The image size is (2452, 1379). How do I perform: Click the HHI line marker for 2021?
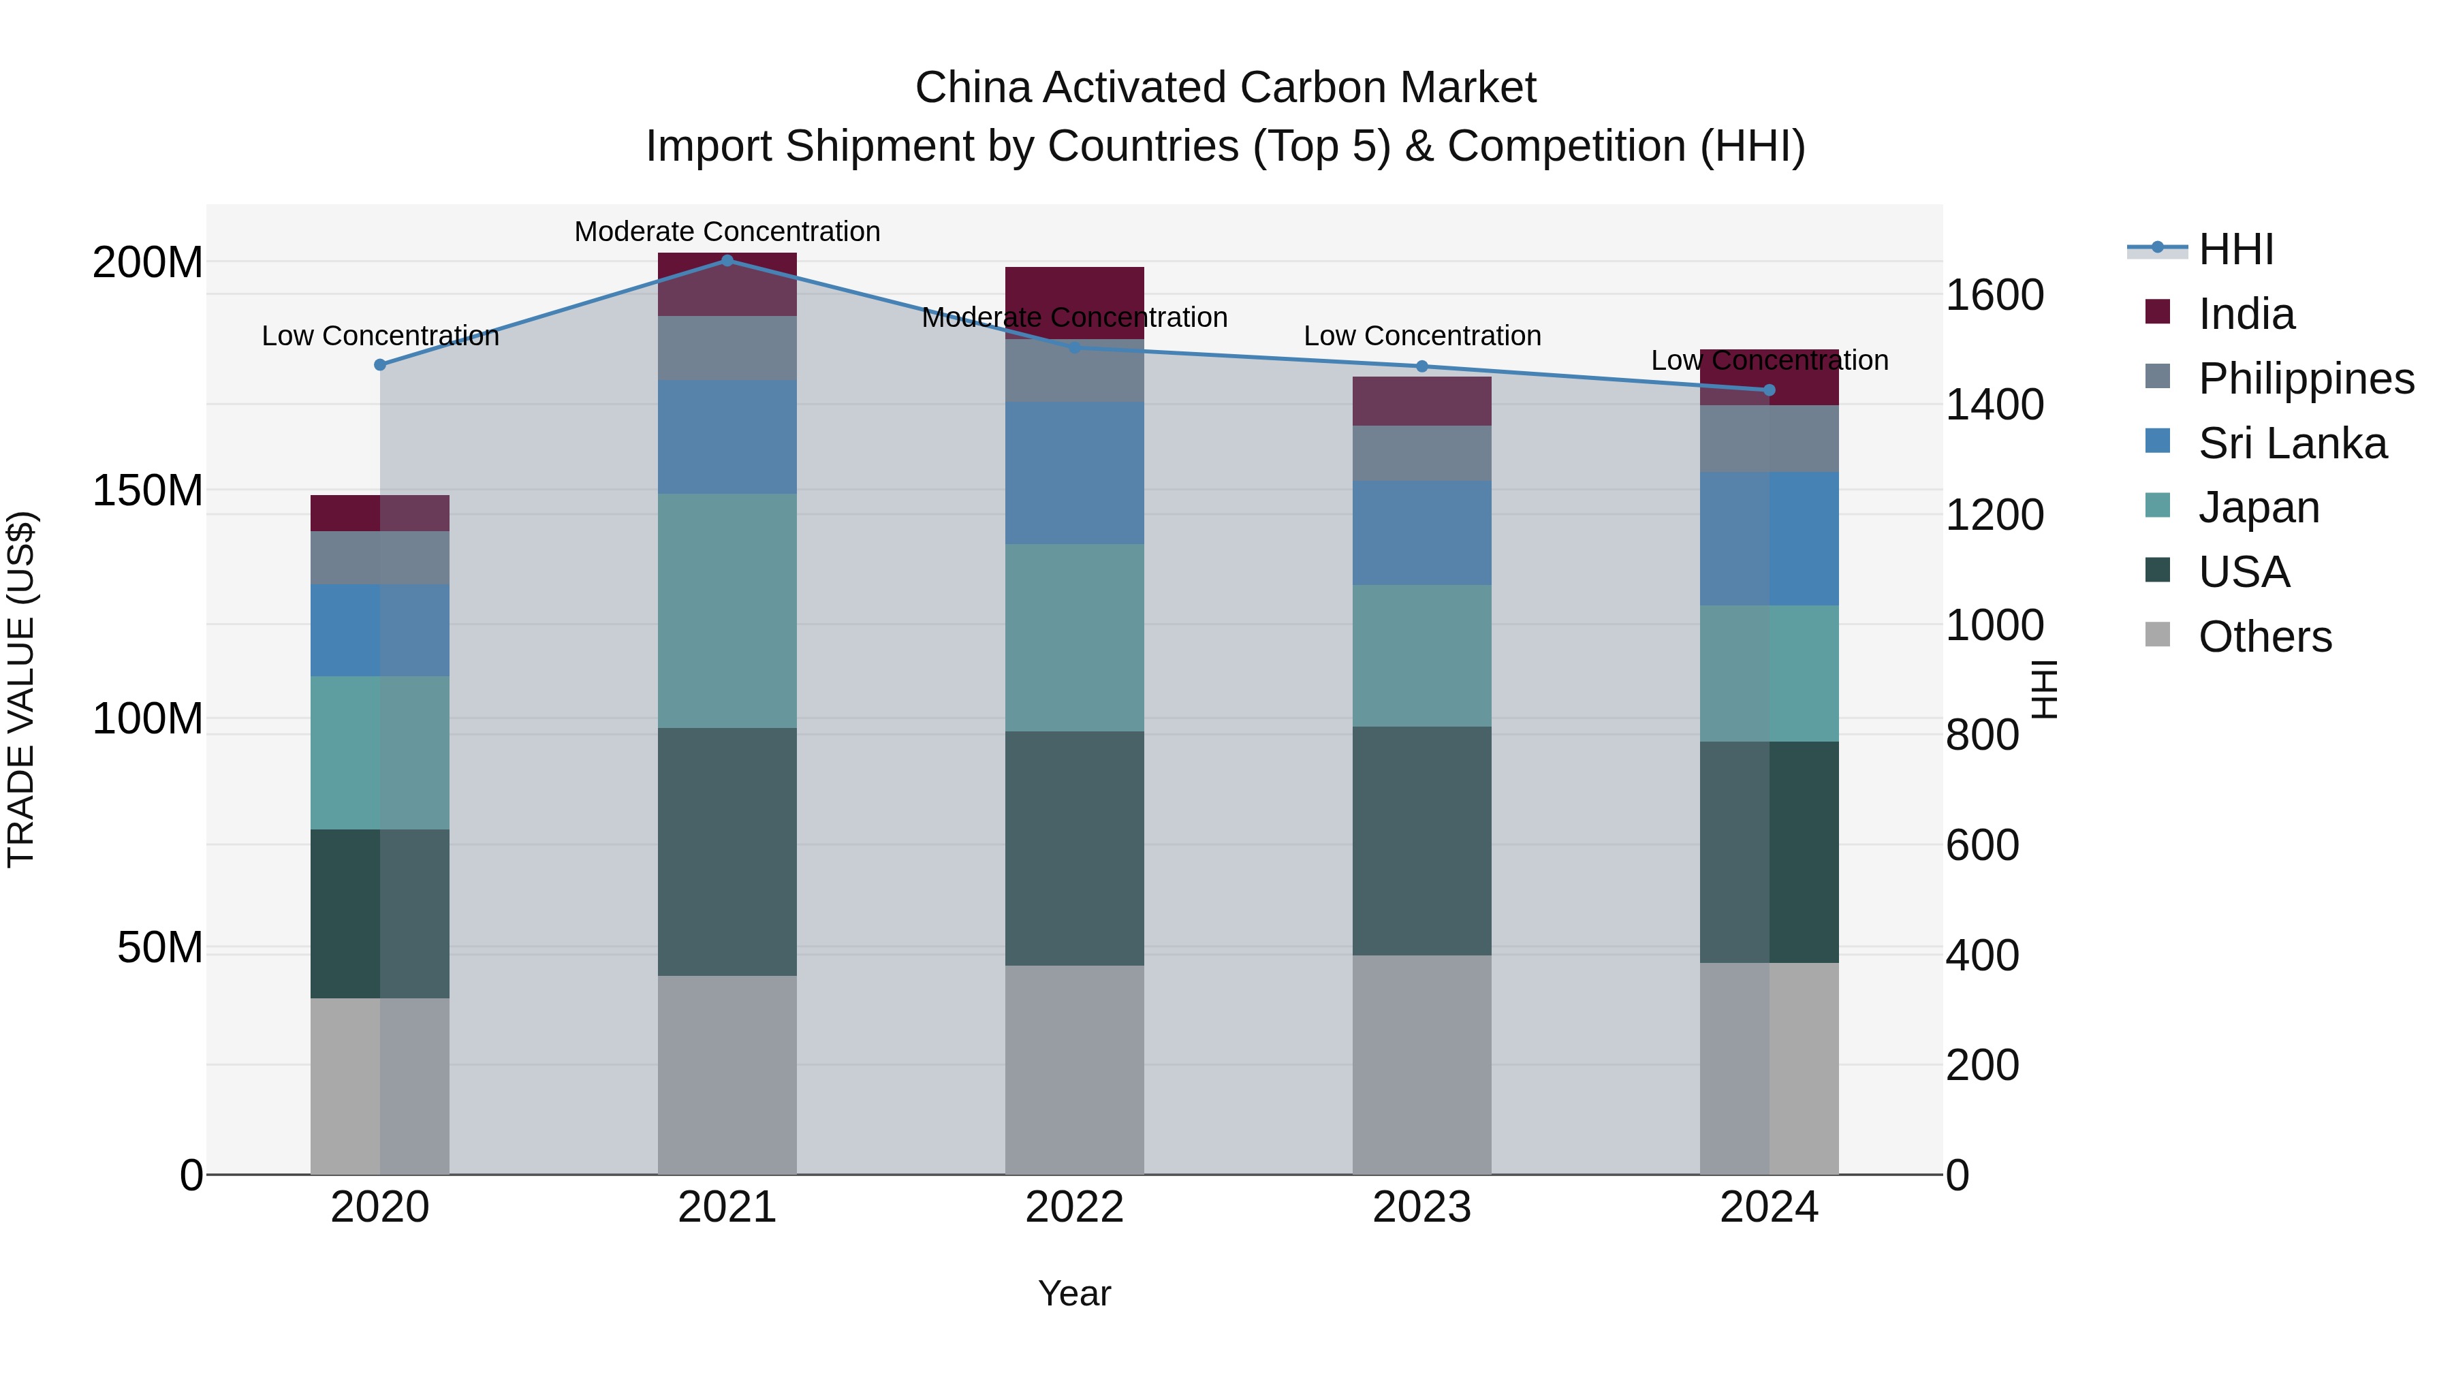tap(727, 260)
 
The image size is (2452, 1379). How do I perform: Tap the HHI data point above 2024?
tap(1770, 390)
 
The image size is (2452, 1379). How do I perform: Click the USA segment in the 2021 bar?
tap(727, 852)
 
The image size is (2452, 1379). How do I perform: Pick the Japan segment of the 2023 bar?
tap(1422, 656)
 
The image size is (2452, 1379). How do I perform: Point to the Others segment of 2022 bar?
tap(1075, 1070)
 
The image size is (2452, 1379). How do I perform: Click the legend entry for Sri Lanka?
tap(2292, 443)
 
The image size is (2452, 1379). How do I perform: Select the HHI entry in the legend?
tap(2235, 249)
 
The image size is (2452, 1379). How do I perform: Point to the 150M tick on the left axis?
tap(148, 491)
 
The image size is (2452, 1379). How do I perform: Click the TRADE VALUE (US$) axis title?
tap(21, 689)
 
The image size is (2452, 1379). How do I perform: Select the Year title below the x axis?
tap(1075, 1293)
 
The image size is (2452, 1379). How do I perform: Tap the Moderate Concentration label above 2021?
tap(727, 232)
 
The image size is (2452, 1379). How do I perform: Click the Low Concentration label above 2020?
tap(380, 336)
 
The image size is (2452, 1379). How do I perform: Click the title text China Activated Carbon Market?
tap(1225, 88)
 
